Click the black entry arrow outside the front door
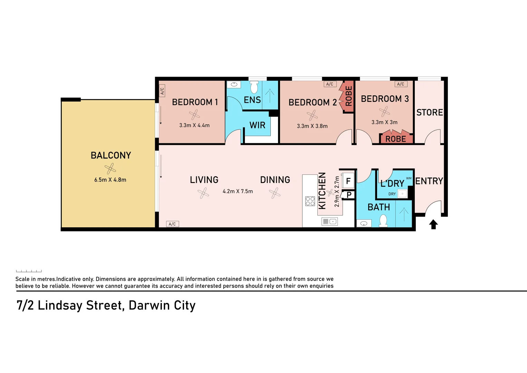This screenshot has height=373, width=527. [x=433, y=224]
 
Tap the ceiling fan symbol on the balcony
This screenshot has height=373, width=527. [x=110, y=169]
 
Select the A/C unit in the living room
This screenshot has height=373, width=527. [x=172, y=224]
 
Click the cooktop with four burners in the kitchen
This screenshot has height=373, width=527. [x=310, y=201]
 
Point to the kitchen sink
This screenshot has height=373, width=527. [x=329, y=222]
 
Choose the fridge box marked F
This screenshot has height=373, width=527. [x=348, y=181]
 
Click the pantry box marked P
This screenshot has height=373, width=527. [x=349, y=195]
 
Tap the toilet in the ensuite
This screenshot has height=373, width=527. [x=254, y=88]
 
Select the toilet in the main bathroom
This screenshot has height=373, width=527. [x=383, y=221]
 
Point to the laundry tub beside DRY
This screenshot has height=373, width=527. [x=402, y=194]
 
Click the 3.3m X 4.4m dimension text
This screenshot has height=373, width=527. [x=194, y=125]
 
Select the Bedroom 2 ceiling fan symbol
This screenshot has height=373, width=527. [x=312, y=115]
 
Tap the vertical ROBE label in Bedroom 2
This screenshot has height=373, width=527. [x=349, y=96]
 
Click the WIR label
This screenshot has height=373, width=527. [x=257, y=125]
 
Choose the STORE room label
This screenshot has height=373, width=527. [x=430, y=113]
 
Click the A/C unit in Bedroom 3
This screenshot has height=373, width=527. [x=401, y=84]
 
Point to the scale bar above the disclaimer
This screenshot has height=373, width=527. [x=29, y=271]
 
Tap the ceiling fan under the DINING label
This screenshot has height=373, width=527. [x=275, y=193]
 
